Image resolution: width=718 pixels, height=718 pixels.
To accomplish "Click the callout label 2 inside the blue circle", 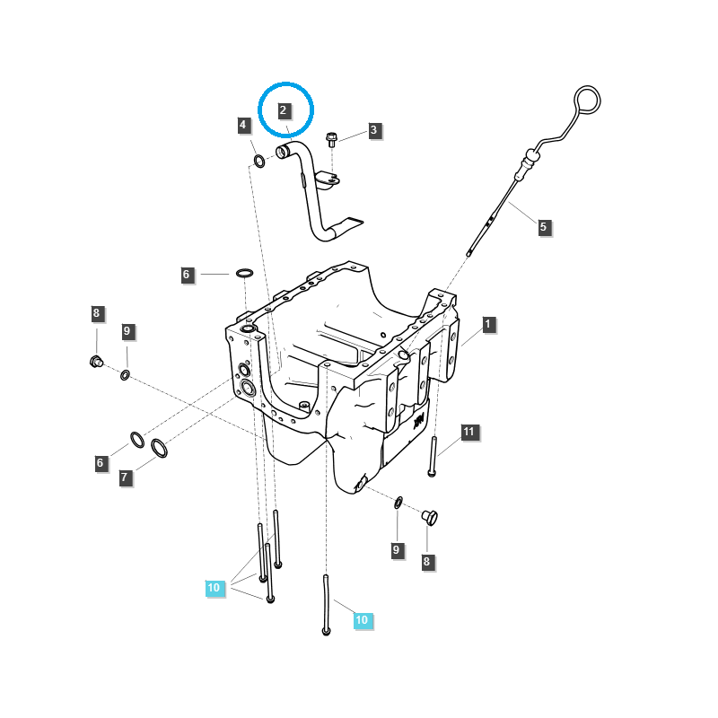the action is pos(284,110).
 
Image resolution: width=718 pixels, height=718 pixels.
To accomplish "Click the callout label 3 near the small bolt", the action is pos(374,130).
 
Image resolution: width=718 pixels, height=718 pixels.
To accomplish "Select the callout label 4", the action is pos(244,125).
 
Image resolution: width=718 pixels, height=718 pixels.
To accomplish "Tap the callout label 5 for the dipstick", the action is pos(543,227).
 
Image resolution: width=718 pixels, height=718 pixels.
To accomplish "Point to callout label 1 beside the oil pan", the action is pos(488,324).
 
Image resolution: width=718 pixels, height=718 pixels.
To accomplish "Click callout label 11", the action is pos(468,433).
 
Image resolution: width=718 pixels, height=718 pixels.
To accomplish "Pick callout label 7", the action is pos(126,477).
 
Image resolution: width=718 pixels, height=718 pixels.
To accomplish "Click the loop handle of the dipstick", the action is pos(588,99).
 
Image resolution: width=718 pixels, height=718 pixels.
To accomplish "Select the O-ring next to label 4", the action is pos(258,162).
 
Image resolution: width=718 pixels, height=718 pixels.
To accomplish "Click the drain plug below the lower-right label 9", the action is pos(429,517).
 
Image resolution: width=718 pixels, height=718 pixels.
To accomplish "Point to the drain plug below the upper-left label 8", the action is pos(96,362).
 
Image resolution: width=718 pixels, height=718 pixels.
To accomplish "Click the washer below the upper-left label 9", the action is pos(125,372).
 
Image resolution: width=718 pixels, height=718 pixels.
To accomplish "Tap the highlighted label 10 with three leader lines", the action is pos(214,588).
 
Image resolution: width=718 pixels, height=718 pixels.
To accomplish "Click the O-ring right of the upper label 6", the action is pos(244,273).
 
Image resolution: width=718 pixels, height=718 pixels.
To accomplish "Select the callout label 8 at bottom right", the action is pos(426,562).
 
